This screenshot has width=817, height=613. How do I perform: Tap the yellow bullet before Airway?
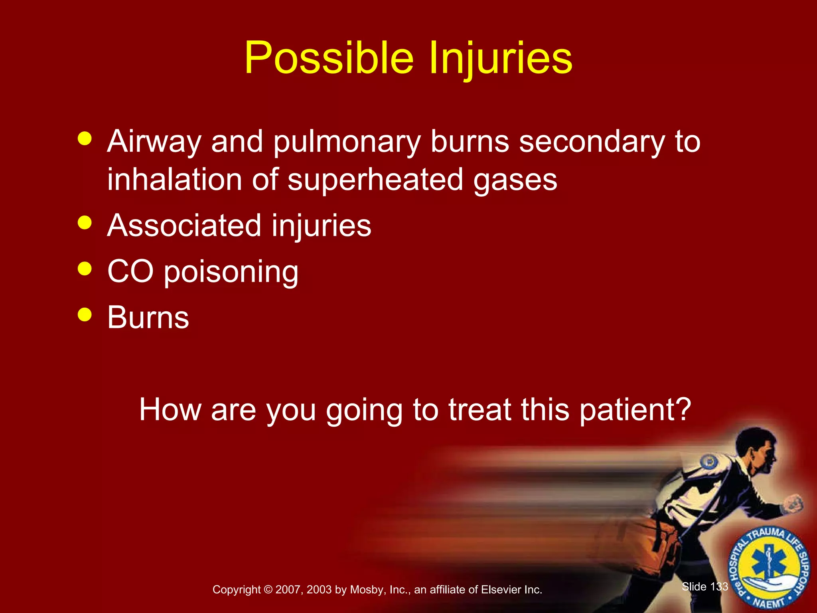tap(85, 139)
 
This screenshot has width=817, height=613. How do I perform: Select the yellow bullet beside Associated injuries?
tap(85, 223)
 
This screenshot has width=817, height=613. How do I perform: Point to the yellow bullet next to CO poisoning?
tap(85, 269)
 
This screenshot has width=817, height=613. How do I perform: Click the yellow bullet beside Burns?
tap(85, 314)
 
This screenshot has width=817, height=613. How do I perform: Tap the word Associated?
tap(185, 225)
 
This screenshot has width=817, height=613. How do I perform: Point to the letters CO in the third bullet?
tap(130, 271)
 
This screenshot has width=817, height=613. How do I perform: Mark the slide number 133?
tap(719, 587)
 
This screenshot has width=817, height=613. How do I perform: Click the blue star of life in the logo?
tap(769, 565)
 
